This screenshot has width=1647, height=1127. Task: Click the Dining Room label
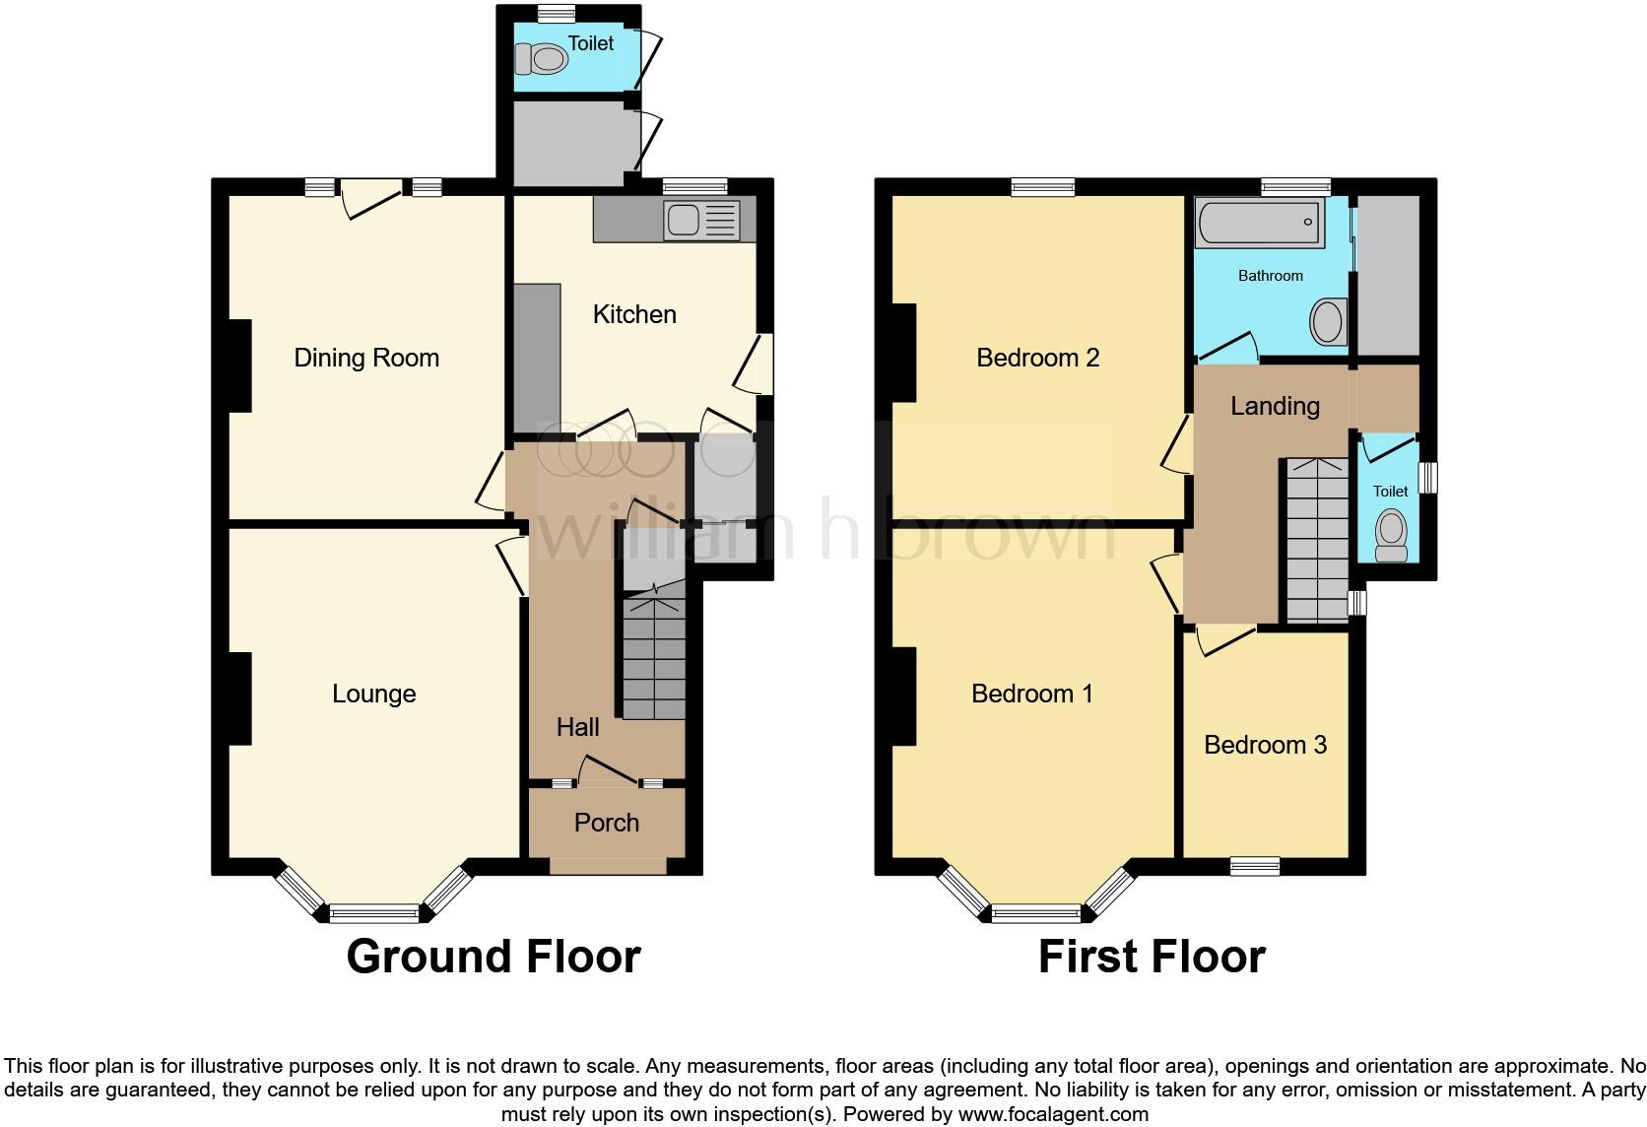(366, 358)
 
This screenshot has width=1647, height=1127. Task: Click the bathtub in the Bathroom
(1259, 222)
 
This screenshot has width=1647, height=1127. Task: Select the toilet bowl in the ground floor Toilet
(542, 60)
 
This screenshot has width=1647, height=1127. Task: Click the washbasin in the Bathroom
(1328, 322)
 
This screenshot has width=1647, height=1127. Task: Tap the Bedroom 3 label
(1265, 745)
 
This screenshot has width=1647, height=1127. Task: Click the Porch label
(607, 823)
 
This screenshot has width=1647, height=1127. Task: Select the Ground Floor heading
(494, 957)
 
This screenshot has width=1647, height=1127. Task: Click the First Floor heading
(1152, 957)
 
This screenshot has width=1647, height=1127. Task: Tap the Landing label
(1275, 406)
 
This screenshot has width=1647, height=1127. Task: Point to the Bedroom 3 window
(1255, 866)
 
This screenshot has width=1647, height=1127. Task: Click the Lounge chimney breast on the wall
(240, 698)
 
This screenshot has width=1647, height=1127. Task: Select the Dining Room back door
(371, 198)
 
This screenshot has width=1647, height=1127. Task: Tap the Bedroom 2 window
(1043, 187)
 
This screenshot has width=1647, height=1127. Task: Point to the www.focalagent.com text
(1053, 1115)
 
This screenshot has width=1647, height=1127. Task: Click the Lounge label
(373, 694)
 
